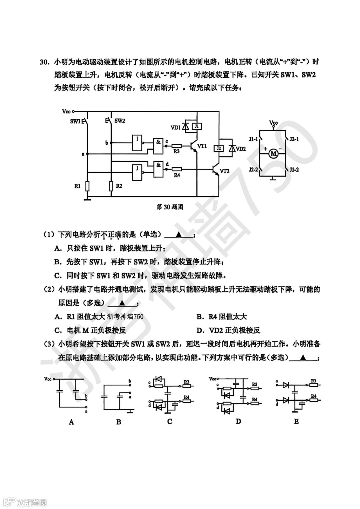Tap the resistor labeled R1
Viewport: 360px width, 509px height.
(87, 186)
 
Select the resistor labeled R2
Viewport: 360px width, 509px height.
(111, 186)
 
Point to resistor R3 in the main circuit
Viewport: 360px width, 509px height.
(176, 146)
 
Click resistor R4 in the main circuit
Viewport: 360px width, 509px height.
(176, 169)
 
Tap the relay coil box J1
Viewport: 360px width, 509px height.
(197, 126)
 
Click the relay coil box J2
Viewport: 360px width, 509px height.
(218, 148)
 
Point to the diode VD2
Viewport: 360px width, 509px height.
(231, 149)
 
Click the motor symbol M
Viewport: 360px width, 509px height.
(274, 154)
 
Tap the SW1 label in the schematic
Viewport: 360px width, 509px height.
(75, 121)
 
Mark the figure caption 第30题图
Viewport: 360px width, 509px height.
(170, 207)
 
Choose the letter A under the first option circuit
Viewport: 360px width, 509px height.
(71, 422)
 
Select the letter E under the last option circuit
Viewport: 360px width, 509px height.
(296, 421)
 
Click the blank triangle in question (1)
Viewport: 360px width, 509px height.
(178, 234)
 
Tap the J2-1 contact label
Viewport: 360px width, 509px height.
(294, 139)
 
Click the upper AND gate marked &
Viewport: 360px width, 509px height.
(158, 142)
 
